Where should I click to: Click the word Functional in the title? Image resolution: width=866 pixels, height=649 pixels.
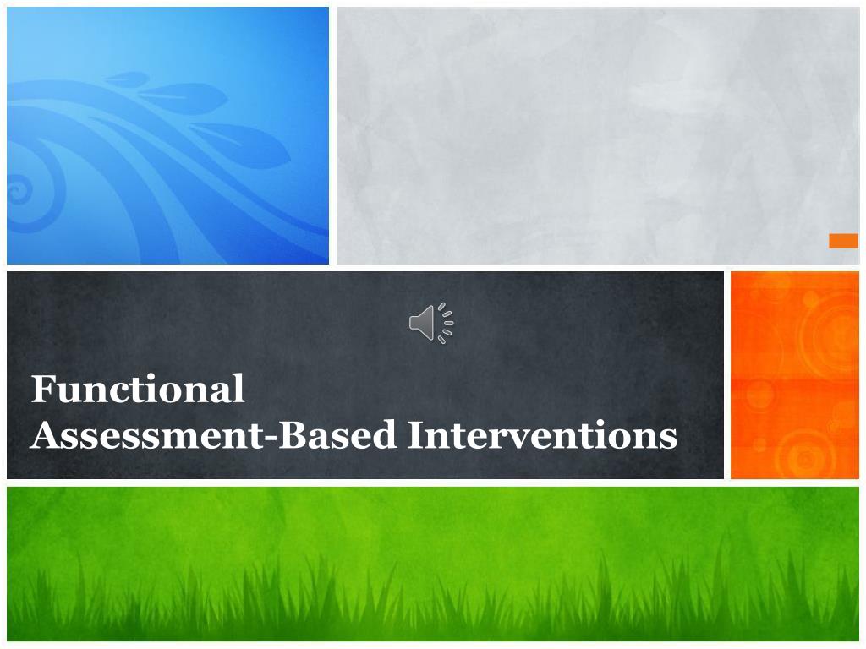pos(138,389)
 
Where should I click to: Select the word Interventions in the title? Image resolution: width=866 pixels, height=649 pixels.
pos(542,435)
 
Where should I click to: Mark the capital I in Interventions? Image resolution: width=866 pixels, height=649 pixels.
pos(414,435)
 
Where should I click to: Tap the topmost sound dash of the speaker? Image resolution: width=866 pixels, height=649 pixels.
pos(441,305)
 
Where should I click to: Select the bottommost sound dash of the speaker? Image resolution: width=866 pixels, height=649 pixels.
pos(441,341)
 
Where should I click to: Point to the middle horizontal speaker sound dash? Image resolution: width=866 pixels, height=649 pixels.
pos(449,323)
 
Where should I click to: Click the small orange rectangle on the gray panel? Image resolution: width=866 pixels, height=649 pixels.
pos(843,241)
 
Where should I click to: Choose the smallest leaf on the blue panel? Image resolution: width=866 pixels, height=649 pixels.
pos(127,79)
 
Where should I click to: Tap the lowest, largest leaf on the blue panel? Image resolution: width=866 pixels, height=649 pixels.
pos(241,142)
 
